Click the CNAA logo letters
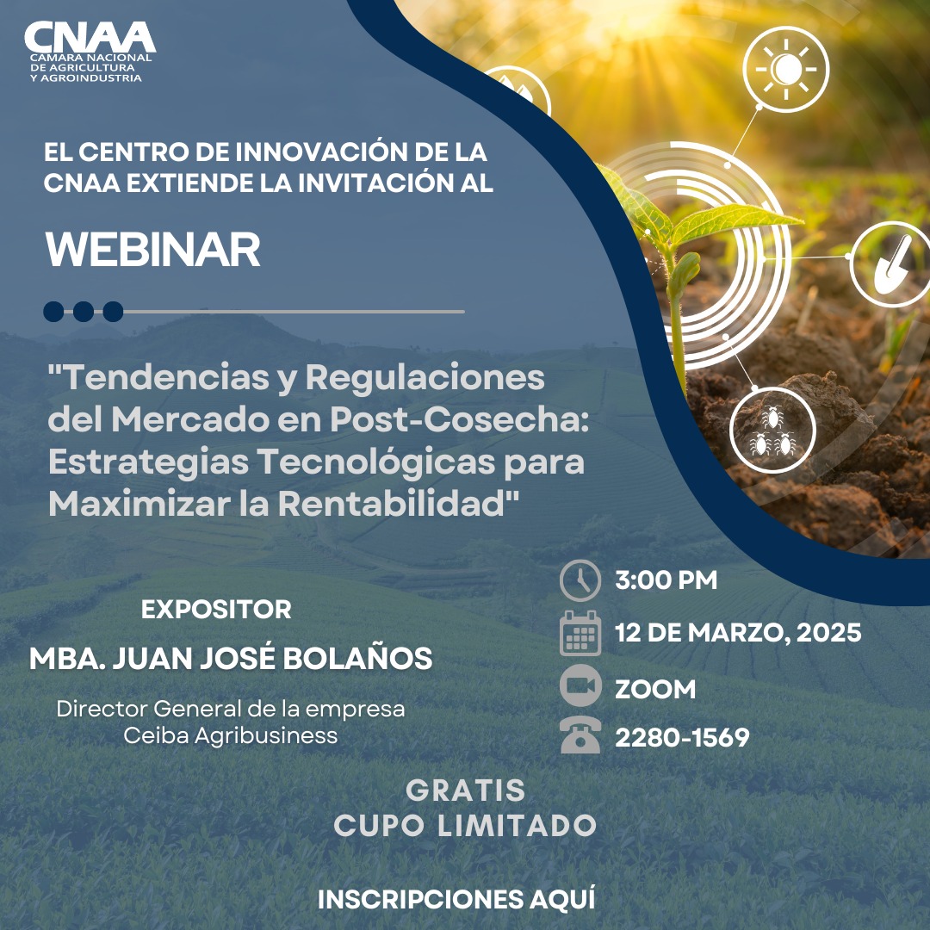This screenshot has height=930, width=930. pyautogui.click(x=90, y=36)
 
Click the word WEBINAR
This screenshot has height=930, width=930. pyautogui.click(x=152, y=250)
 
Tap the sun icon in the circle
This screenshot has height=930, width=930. pyautogui.click(x=785, y=69)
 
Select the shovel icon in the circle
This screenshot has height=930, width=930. pyautogui.click(x=890, y=263)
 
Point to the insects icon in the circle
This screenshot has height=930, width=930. pyautogui.click(x=772, y=431)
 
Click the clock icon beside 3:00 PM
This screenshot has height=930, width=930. pyautogui.click(x=580, y=580)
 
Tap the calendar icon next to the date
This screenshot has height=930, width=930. pyautogui.click(x=580, y=634)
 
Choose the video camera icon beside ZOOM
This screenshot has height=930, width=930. pyautogui.click(x=580, y=687)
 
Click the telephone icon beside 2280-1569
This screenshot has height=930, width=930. pyautogui.click(x=580, y=737)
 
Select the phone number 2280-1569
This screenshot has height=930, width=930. pyautogui.click(x=681, y=738)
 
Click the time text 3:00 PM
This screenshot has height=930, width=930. pyautogui.click(x=666, y=580)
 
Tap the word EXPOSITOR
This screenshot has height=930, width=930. pyautogui.click(x=216, y=610)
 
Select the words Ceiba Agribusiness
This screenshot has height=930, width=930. pyautogui.click(x=230, y=736)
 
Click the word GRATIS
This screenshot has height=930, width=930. pyautogui.click(x=465, y=790)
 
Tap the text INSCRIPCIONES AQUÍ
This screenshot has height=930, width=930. pyautogui.click(x=456, y=899)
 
